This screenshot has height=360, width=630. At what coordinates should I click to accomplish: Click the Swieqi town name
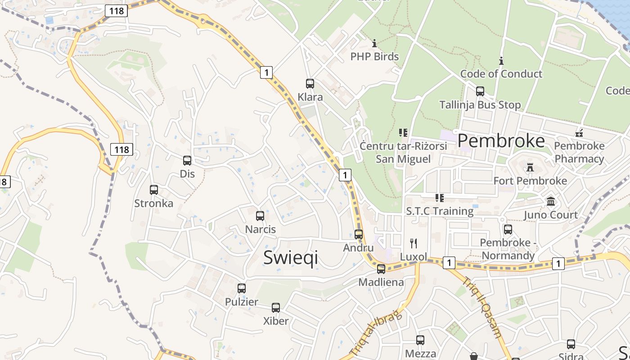click(x=290, y=257)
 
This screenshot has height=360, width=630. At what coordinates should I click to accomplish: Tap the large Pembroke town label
click(x=501, y=141)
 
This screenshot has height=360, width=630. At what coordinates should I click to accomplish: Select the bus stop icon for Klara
click(x=310, y=83)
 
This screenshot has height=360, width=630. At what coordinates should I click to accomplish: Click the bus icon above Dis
click(x=187, y=160)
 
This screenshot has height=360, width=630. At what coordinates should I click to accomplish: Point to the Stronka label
click(x=153, y=203)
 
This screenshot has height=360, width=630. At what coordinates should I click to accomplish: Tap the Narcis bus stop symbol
click(x=260, y=216)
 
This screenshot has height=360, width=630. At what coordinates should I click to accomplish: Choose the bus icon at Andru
click(x=359, y=234)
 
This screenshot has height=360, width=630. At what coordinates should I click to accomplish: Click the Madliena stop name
click(x=381, y=282)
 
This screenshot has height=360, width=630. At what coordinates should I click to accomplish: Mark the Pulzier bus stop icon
click(x=242, y=288)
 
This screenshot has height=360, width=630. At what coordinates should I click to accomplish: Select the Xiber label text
click(x=276, y=321)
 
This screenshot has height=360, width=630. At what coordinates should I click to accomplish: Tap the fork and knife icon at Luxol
click(x=414, y=243)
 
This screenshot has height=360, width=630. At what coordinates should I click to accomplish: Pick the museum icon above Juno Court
click(x=551, y=202)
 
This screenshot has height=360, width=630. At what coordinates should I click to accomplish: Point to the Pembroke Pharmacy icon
click(x=580, y=133)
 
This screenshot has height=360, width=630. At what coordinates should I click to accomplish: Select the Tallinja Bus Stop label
click(x=480, y=105)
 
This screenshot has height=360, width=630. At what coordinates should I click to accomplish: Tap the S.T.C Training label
click(x=440, y=211)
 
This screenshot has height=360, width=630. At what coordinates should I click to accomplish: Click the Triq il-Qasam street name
click(x=481, y=307)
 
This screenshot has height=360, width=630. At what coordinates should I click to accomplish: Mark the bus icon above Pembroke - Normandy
click(x=508, y=229)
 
